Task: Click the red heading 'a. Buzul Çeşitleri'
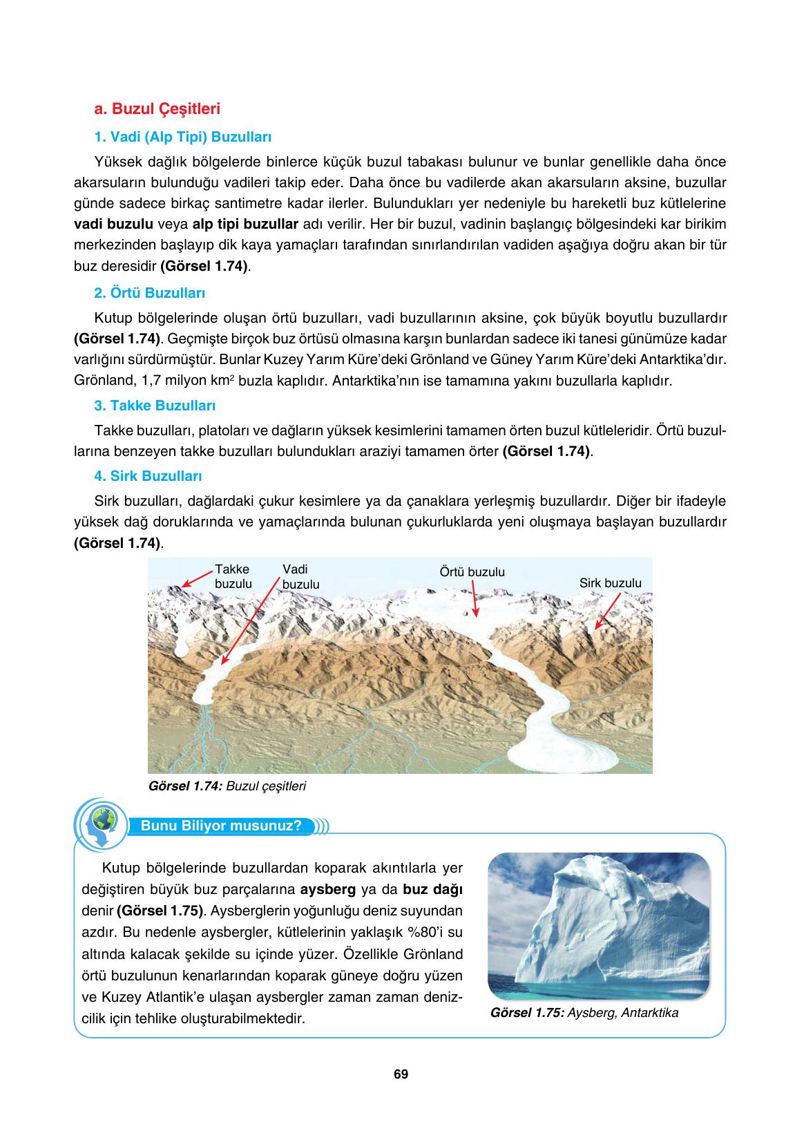(x=157, y=108)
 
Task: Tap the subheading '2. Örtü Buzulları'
(x=149, y=293)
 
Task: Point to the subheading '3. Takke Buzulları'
(x=155, y=406)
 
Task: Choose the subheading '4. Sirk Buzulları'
(x=148, y=476)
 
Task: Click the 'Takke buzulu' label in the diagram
(x=233, y=576)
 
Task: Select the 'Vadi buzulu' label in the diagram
(x=300, y=577)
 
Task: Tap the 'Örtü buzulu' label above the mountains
(x=472, y=572)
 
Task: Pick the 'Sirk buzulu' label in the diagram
(x=610, y=583)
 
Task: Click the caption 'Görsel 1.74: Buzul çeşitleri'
(x=227, y=786)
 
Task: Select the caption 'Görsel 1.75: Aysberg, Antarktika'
(x=583, y=1013)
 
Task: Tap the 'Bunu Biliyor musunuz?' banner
(x=221, y=826)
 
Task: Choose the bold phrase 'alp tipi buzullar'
(x=245, y=225)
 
